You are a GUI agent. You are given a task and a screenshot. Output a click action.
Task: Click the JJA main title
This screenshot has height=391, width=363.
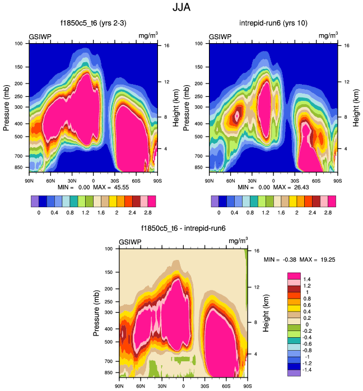[182, 8]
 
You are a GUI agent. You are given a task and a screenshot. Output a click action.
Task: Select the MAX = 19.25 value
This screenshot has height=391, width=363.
[325, 260]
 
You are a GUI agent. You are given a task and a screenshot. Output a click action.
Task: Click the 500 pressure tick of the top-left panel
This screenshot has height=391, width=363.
[18, 136]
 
